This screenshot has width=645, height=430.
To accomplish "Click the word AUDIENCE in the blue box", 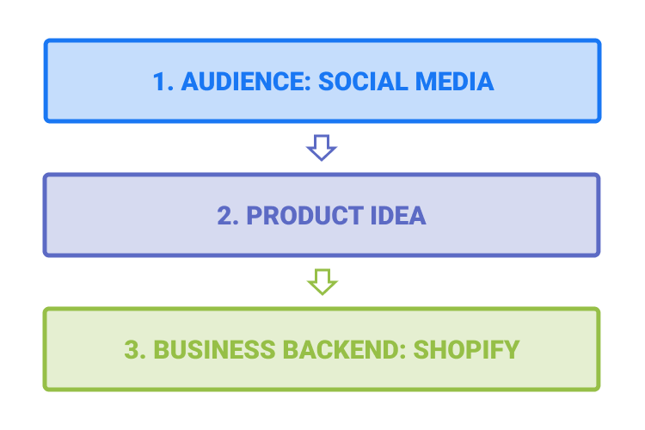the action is point(246,81).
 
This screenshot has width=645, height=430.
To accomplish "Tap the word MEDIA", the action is point(455,81).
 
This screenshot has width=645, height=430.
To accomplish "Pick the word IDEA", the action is point(398,215).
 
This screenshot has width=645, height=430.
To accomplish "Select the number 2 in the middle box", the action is point(224,215).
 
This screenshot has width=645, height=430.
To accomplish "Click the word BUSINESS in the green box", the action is point(214,350).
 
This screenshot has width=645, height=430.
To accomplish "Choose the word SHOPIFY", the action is point(466,350).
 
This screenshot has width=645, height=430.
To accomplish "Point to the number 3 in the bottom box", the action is point(132,350).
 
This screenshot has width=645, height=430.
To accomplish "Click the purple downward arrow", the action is point(322,147).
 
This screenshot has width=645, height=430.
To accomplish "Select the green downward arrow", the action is point(322,282).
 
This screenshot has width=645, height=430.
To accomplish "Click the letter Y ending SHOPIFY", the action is point(512,350).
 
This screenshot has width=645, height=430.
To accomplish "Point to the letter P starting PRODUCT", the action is point(255,215).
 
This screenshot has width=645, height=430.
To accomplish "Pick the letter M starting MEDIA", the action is point(426,81).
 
